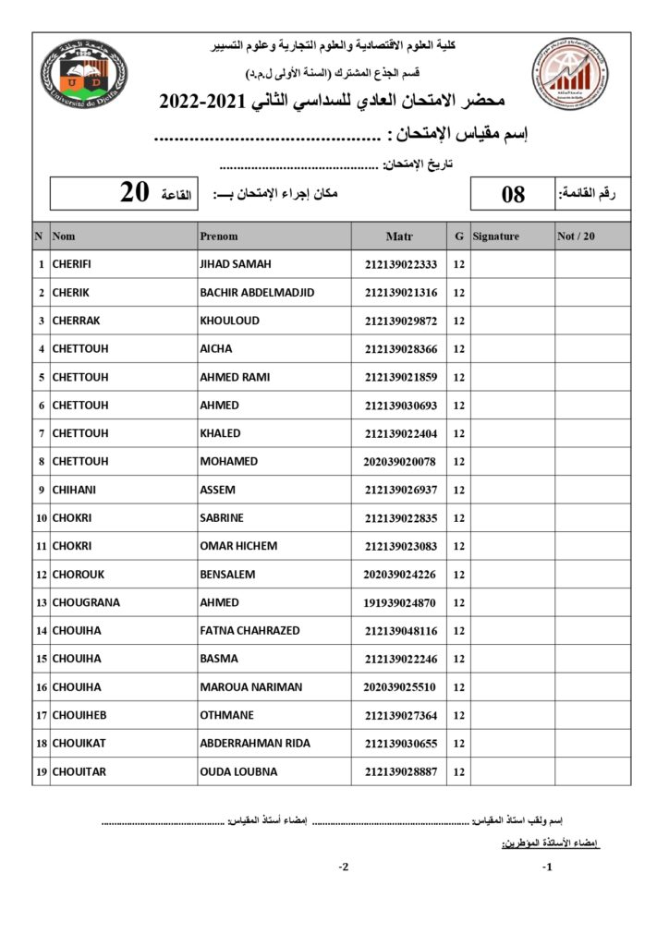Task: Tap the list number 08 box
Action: coord(513,194)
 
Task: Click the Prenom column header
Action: coord(219,236)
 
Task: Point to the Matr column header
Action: coord(399,236)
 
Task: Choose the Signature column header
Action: coord(496,236)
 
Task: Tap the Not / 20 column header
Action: coord(577,236)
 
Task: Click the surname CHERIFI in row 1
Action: coord(72,264)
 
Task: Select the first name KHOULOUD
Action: coord(230,321)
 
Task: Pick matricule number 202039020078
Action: coord(400,462)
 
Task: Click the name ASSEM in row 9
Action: coord(218,490)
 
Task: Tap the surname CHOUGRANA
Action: coord(86,602)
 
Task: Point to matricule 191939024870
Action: coord(400,603)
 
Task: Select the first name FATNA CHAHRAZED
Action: coord(249,631)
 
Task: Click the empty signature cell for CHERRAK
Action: coord(512,321)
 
